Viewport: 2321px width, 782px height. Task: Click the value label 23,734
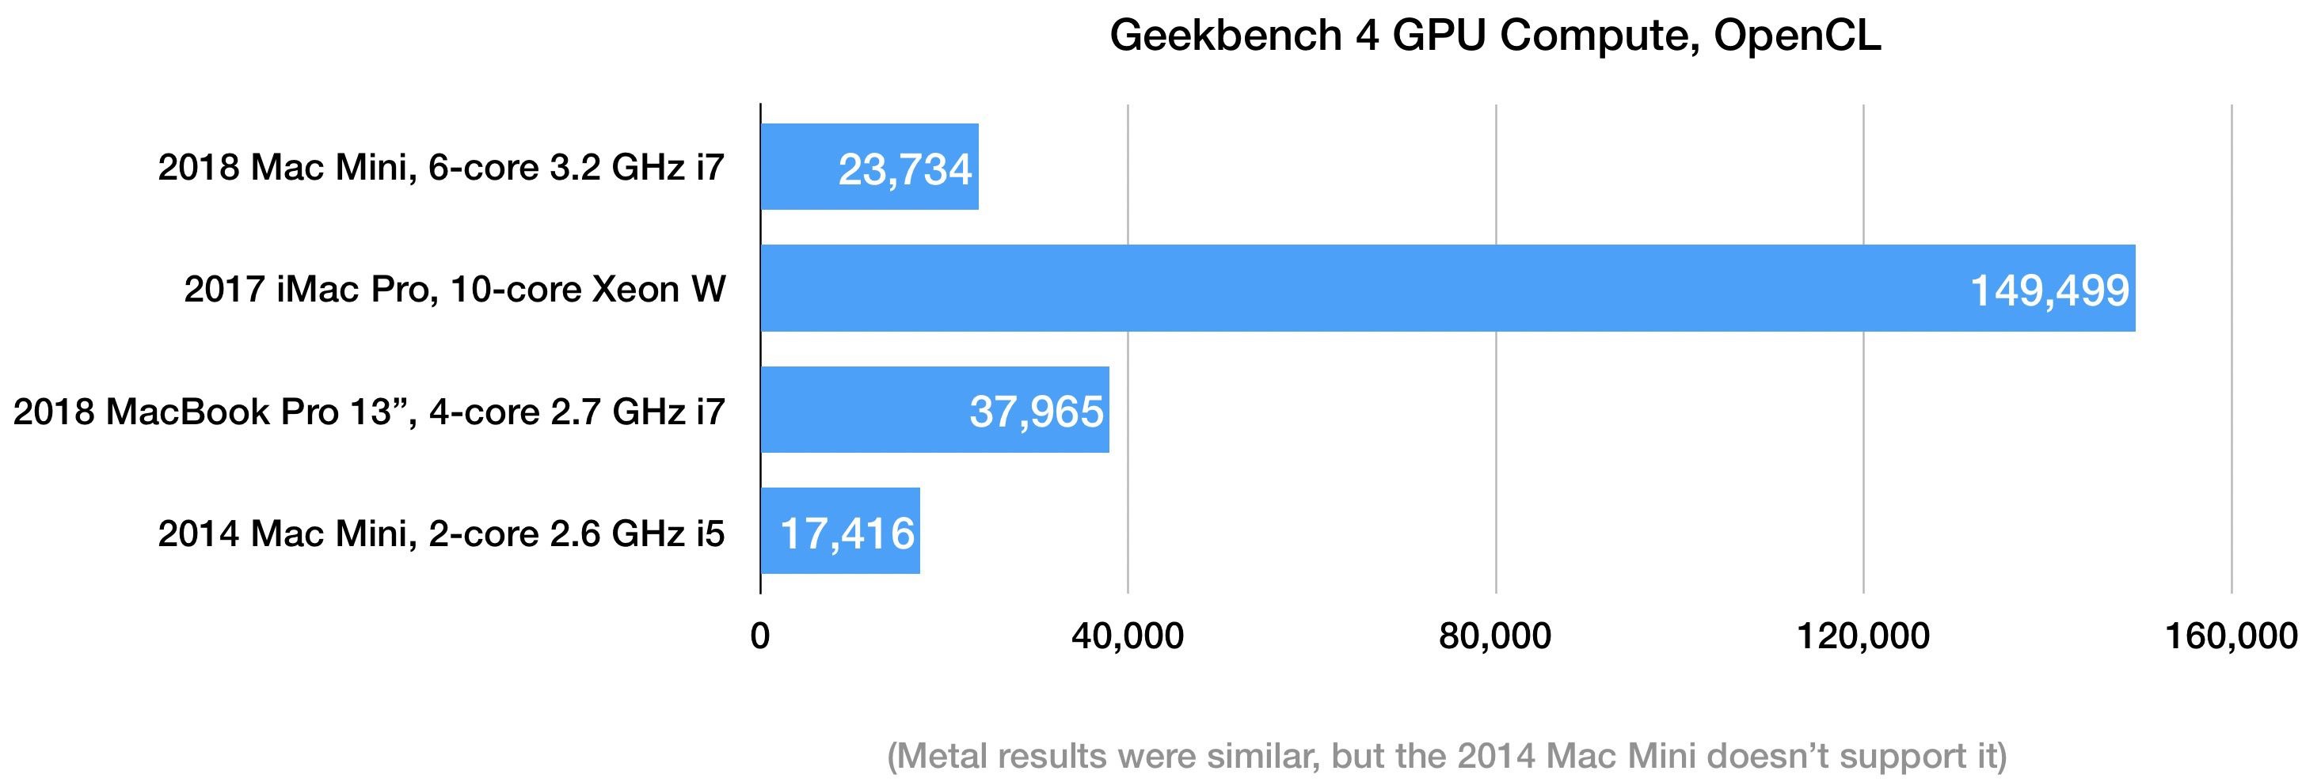904,169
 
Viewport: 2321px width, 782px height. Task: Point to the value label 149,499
2049,290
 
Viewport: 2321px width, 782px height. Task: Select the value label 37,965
1036,412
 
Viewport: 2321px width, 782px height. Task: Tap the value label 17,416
847,533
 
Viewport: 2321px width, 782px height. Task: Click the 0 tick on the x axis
760,637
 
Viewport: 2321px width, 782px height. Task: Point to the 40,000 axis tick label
1127,637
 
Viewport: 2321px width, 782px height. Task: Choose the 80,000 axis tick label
1495,637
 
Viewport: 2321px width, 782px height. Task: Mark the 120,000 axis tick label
1863,637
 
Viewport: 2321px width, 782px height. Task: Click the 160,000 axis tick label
2230,637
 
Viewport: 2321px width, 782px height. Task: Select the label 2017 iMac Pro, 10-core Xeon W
455,289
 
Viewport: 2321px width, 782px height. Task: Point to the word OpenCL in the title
1798,36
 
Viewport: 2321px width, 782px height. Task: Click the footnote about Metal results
1446,755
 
